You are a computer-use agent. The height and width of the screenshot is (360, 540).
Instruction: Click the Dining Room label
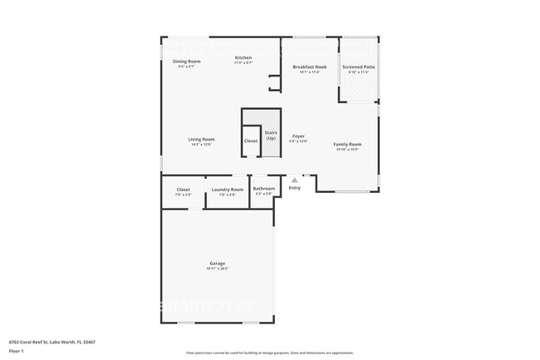(x=186, y=62)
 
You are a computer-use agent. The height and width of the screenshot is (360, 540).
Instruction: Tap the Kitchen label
(x=243, y=57)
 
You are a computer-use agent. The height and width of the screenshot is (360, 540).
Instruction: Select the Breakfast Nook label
(x=309, y=67)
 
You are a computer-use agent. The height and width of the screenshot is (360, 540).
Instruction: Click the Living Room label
(x=201, y=139)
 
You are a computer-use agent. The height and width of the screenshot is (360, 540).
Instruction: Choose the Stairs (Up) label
(x=271, y=134)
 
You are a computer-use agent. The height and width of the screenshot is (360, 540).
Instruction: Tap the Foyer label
(x=298, y=136)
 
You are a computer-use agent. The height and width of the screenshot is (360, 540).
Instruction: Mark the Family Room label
(x=347, y=145)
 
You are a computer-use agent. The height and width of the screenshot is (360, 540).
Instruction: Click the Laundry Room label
(x=227, y=190)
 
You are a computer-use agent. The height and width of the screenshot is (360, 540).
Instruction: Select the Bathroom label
(x=264, y=189)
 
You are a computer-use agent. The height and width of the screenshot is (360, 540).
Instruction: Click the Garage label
(x=217, y=264)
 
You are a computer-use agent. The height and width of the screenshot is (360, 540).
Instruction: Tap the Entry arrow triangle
(x=294, y=180)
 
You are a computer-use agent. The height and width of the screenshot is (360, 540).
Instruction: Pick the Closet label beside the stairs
(x=251, y=141)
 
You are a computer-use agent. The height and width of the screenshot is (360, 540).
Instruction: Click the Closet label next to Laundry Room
(x=184, y=190)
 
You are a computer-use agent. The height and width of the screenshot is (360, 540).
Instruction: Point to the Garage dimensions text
(x=217, y=269)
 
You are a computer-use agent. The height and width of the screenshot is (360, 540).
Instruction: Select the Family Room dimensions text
(x=347, y=150)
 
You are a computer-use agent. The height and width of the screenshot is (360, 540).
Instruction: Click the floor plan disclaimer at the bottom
(x=269, y=353)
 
